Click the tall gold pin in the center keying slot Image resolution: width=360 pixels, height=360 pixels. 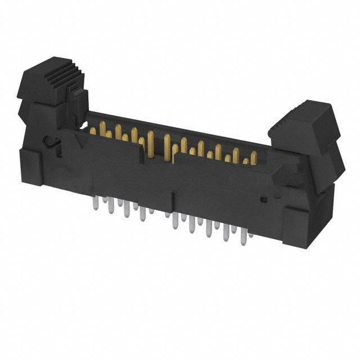(166, 147)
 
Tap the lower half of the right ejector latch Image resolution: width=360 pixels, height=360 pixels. (329, 163)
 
